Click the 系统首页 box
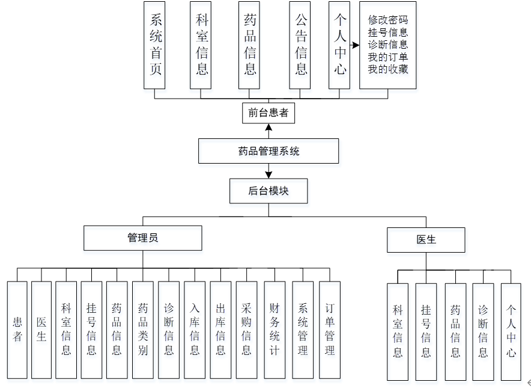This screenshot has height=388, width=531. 154,45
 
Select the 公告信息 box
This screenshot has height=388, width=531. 300,45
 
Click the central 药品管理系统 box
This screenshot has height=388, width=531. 269,151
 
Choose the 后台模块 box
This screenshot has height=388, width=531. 269,191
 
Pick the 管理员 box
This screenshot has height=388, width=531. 142,238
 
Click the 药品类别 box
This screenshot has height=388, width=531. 143,329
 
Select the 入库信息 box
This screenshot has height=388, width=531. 195,329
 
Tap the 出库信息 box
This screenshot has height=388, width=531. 220,329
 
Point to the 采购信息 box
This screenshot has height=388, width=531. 246,329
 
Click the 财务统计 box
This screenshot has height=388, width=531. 274,329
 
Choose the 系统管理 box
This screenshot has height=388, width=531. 303,329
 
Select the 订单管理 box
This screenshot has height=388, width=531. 329,329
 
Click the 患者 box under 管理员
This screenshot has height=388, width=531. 17,329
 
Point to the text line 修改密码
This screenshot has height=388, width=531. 388,20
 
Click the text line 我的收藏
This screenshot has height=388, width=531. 388,69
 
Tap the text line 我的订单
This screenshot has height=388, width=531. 388,57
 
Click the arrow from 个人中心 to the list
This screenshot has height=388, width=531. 354,45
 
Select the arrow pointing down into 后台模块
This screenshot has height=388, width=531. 269,173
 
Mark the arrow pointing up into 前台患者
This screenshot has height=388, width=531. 269,129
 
